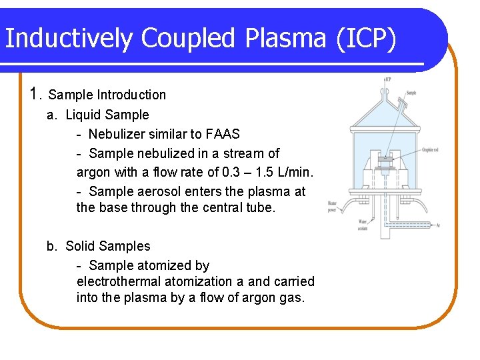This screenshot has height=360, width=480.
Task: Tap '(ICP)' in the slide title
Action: (365, 39)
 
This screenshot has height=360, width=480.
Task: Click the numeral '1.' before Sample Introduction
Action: (37, 94)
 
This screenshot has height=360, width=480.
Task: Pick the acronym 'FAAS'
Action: (221, 134)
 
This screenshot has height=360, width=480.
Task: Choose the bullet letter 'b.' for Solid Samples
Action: (53, 246)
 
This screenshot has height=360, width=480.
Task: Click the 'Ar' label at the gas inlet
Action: (438, 225)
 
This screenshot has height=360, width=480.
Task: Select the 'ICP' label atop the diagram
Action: (388, 79)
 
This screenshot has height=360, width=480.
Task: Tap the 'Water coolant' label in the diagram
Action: (363, 224)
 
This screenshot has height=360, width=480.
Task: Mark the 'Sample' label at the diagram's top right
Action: (411, 93)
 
